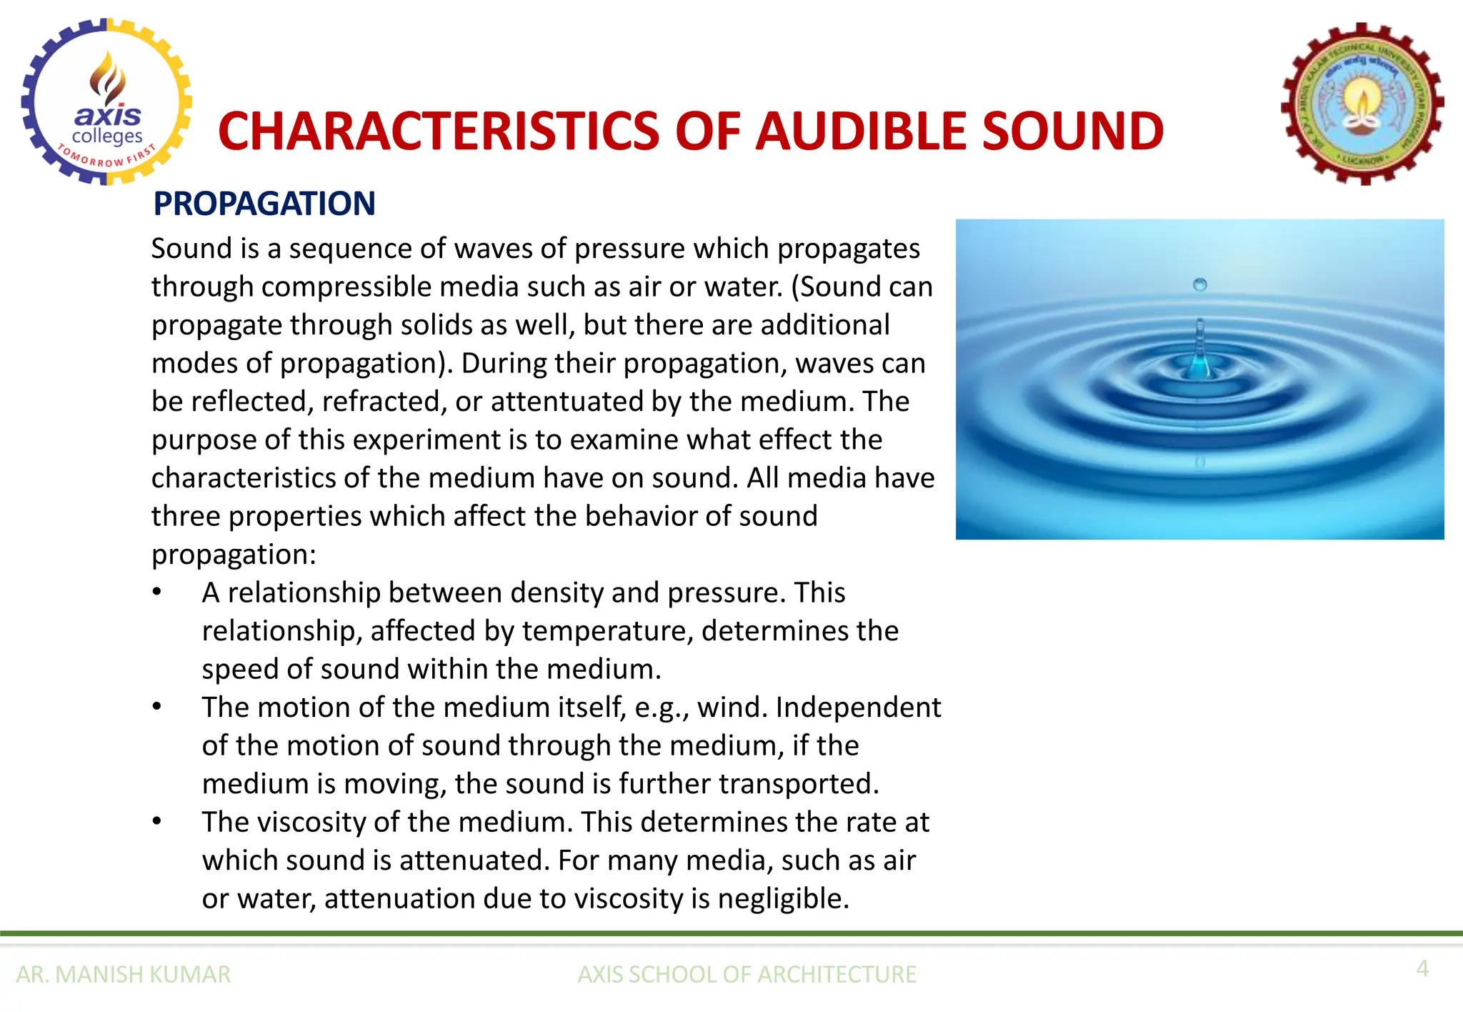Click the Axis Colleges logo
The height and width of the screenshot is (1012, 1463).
[107, 102]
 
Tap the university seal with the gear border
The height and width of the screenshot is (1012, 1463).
[1362, 104]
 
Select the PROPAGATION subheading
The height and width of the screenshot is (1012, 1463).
[264, 204]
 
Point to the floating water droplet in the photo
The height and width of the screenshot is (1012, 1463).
[1200, 284]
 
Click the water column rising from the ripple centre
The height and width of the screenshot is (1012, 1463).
[1200, 350]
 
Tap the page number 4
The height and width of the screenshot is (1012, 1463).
[1422, 968]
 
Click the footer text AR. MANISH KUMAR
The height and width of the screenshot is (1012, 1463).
[123, 974]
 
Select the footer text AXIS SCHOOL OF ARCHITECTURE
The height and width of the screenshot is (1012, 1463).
[747, 974]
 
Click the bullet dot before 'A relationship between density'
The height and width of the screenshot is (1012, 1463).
[157, 592]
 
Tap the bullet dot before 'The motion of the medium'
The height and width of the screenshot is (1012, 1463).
[157, 707]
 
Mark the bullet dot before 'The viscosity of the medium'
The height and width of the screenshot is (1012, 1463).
[157, 822]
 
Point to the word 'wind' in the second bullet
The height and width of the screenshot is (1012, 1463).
[729, 708]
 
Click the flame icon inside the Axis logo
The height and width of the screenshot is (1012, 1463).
[107, 77]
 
